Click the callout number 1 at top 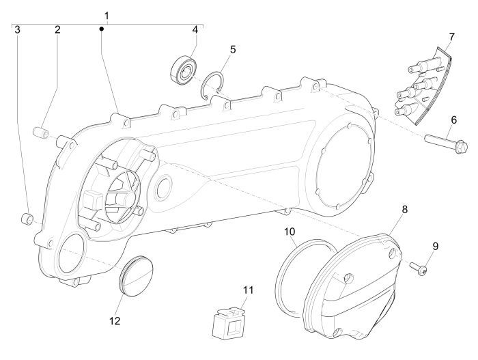tap(106, 15)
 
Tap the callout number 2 tap(57, 30)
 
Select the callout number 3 tap(18, 30)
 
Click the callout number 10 tap(290, 232)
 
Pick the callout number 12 tap(114, 301)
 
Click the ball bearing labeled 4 tap(183, 69)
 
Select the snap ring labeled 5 tap(214, 88)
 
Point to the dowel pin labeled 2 tap(40, 130)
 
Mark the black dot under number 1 tap(101, 29)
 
